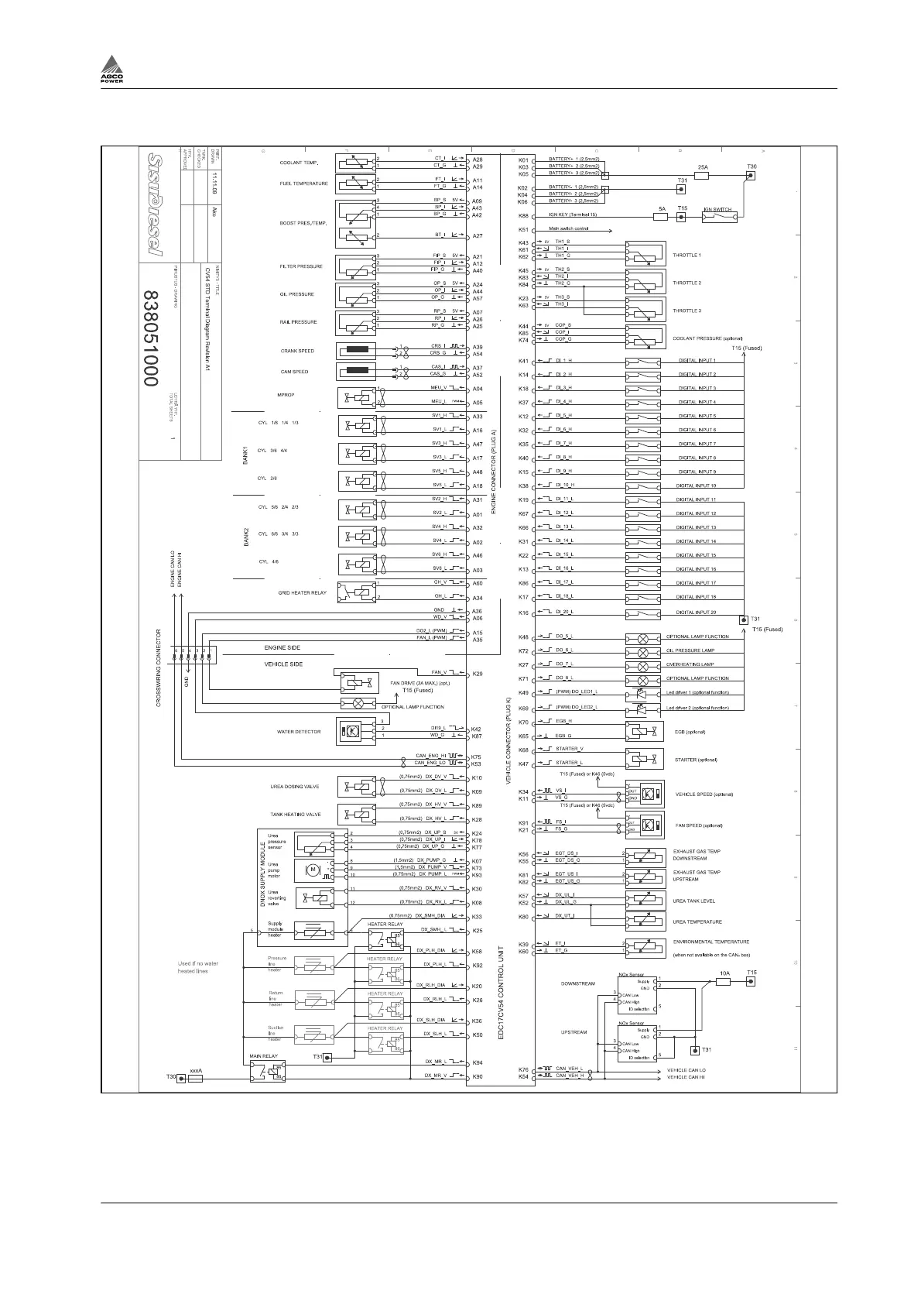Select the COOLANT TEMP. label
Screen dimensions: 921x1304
pyautogui.click(x=299, y=163)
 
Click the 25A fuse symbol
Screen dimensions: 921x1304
pyautogui.click(x=702, y=176)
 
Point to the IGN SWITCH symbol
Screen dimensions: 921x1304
pyautogui.click(x=719, y=218)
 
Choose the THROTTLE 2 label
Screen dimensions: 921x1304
pyautogui.click(x=686, y=283)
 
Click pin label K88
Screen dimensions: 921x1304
pyautogui.click(x=523, y=216)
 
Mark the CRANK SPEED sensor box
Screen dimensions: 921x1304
pyautogui.click(x=356, y=351)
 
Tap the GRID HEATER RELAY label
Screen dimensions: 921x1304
pyautogui.click(x=302, y=593)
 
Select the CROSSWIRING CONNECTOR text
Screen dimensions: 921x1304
pyautogui.click(x=159, y=667)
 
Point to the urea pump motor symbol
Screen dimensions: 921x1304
pyautogui.click(x=314, y=870)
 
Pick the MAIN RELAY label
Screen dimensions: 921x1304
pyautogui.click(x=263, y=1056)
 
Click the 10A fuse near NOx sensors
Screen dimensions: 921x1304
pyautogui.click(x=724, y=982)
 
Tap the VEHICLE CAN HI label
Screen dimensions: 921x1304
pyautogui.click(x=686, y=1077)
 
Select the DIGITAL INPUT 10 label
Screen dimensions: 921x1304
pyautogui.click(x=697, y=486)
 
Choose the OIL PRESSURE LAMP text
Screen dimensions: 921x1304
pyautogui.click(x=690, y=650)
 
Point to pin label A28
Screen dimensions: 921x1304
pyautogui.click(x=478, y=160)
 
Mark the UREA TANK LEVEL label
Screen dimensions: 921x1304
pyautogui.click(x=693, y=901)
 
